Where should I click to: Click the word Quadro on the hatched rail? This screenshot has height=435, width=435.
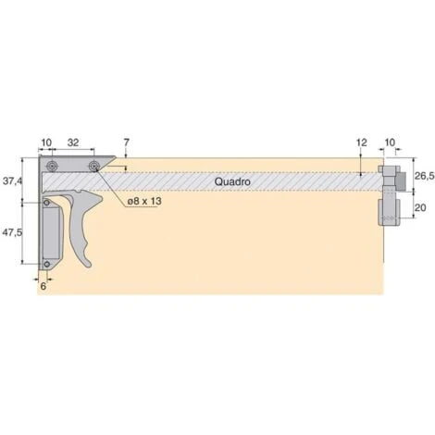[x=232, y=181]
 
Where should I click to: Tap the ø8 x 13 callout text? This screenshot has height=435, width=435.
[x=144, y=202]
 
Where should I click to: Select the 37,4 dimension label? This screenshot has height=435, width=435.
[x=12, y=180]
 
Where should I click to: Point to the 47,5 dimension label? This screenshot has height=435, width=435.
[x=12, y=232]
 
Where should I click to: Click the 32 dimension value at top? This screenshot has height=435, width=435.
[x=73, y=143]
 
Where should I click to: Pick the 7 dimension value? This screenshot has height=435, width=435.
[x=126, y=143]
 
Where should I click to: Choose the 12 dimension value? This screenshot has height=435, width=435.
[x=362, y=143]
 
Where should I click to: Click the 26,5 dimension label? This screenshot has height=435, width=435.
[x=424, y=176]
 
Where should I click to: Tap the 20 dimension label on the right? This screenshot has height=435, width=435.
[x=420, y=207]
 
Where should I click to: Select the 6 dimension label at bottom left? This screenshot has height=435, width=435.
[x=43, y=286]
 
